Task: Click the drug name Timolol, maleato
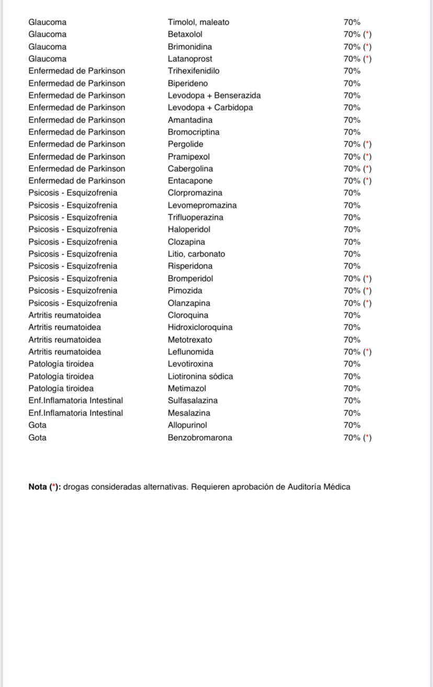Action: [x=198, y=22]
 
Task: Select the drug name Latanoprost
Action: [x=190, y=59]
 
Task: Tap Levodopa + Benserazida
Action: [x=214, y=96]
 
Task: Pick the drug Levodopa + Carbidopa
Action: [x=210, y=108]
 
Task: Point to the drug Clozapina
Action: [x=186, y=242]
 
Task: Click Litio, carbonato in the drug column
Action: [x=196, y=254]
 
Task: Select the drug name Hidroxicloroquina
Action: [x=200, y=328]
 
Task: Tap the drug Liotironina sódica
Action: [x=200, y=377]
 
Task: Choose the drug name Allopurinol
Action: [x=187, y=425]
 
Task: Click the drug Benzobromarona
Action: [x=200, y=438]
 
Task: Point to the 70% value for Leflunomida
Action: [x=351, y=352]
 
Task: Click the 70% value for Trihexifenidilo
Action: [x=351, y=71]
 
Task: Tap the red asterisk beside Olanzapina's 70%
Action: [x=367, y=303]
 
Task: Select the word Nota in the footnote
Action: [x=37, y=487]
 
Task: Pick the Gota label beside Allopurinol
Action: [x=37, y=425]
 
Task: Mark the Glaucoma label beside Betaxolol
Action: [x=47, y=35]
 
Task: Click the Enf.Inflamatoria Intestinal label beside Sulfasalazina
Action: [x=75, y=401]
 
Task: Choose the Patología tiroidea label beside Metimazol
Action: [x=61, y=389]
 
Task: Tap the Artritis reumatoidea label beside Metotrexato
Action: [x=64, y=340]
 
